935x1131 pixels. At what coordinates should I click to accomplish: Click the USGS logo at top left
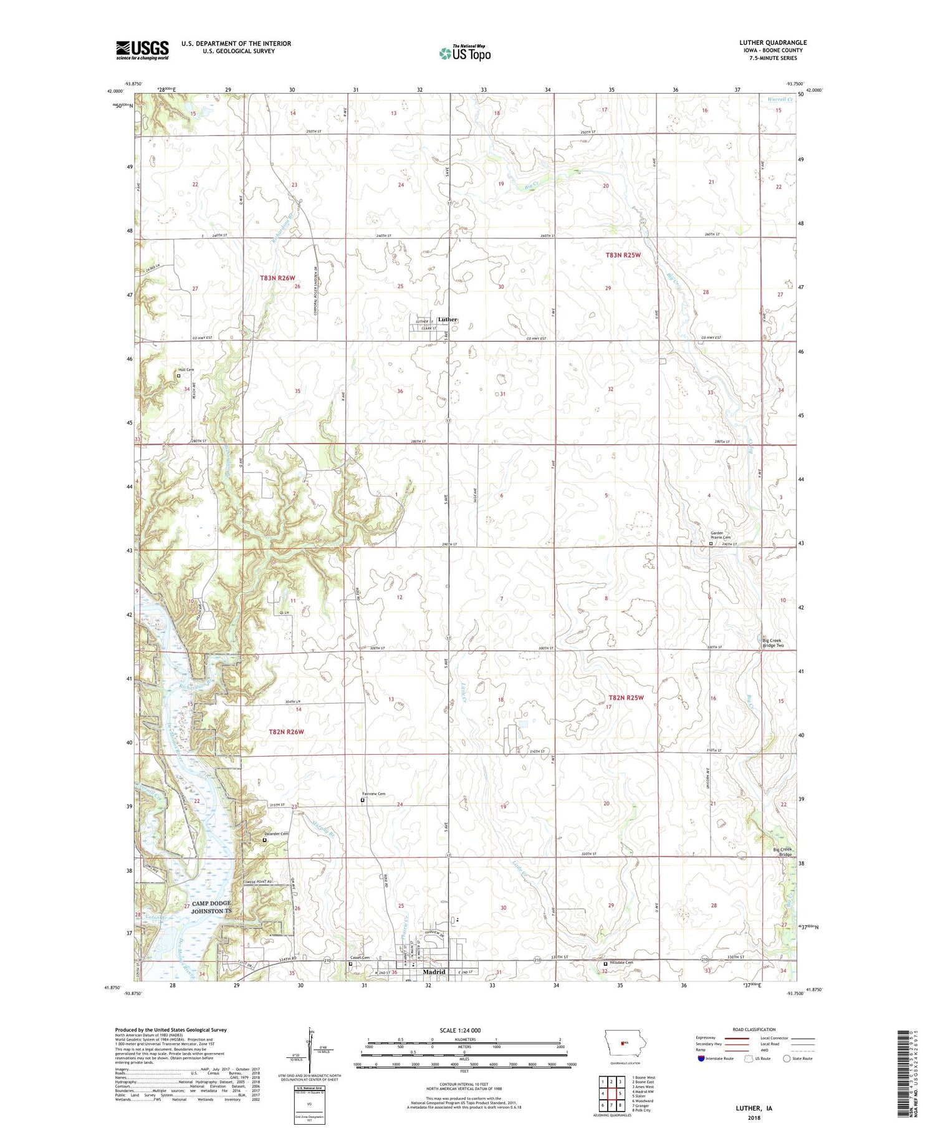tap(142, 50)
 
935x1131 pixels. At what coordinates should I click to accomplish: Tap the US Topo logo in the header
tap(464, 54)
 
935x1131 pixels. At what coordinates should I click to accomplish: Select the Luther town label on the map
tap(448, 319)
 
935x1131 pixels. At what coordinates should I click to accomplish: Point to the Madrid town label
tap(434, 972)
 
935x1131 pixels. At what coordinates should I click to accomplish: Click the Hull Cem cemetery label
tap(186, 369)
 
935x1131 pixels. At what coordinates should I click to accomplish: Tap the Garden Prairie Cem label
tap(720, 535)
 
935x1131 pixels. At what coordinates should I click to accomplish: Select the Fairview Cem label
tap(373, 794)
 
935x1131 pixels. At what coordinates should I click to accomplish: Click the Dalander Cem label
tap(275, 834)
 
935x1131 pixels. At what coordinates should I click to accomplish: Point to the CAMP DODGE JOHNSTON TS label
tap(211, 907)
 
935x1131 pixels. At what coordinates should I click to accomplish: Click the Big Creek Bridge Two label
tap(772, 643)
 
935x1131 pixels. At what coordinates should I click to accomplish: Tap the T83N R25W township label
tap(623, 255)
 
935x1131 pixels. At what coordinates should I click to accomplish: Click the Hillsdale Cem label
tap(621, 963)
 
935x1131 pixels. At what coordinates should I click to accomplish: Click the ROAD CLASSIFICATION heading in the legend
tap(754, 1029)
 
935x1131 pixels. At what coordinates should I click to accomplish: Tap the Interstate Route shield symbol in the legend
tap(701, 1059)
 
